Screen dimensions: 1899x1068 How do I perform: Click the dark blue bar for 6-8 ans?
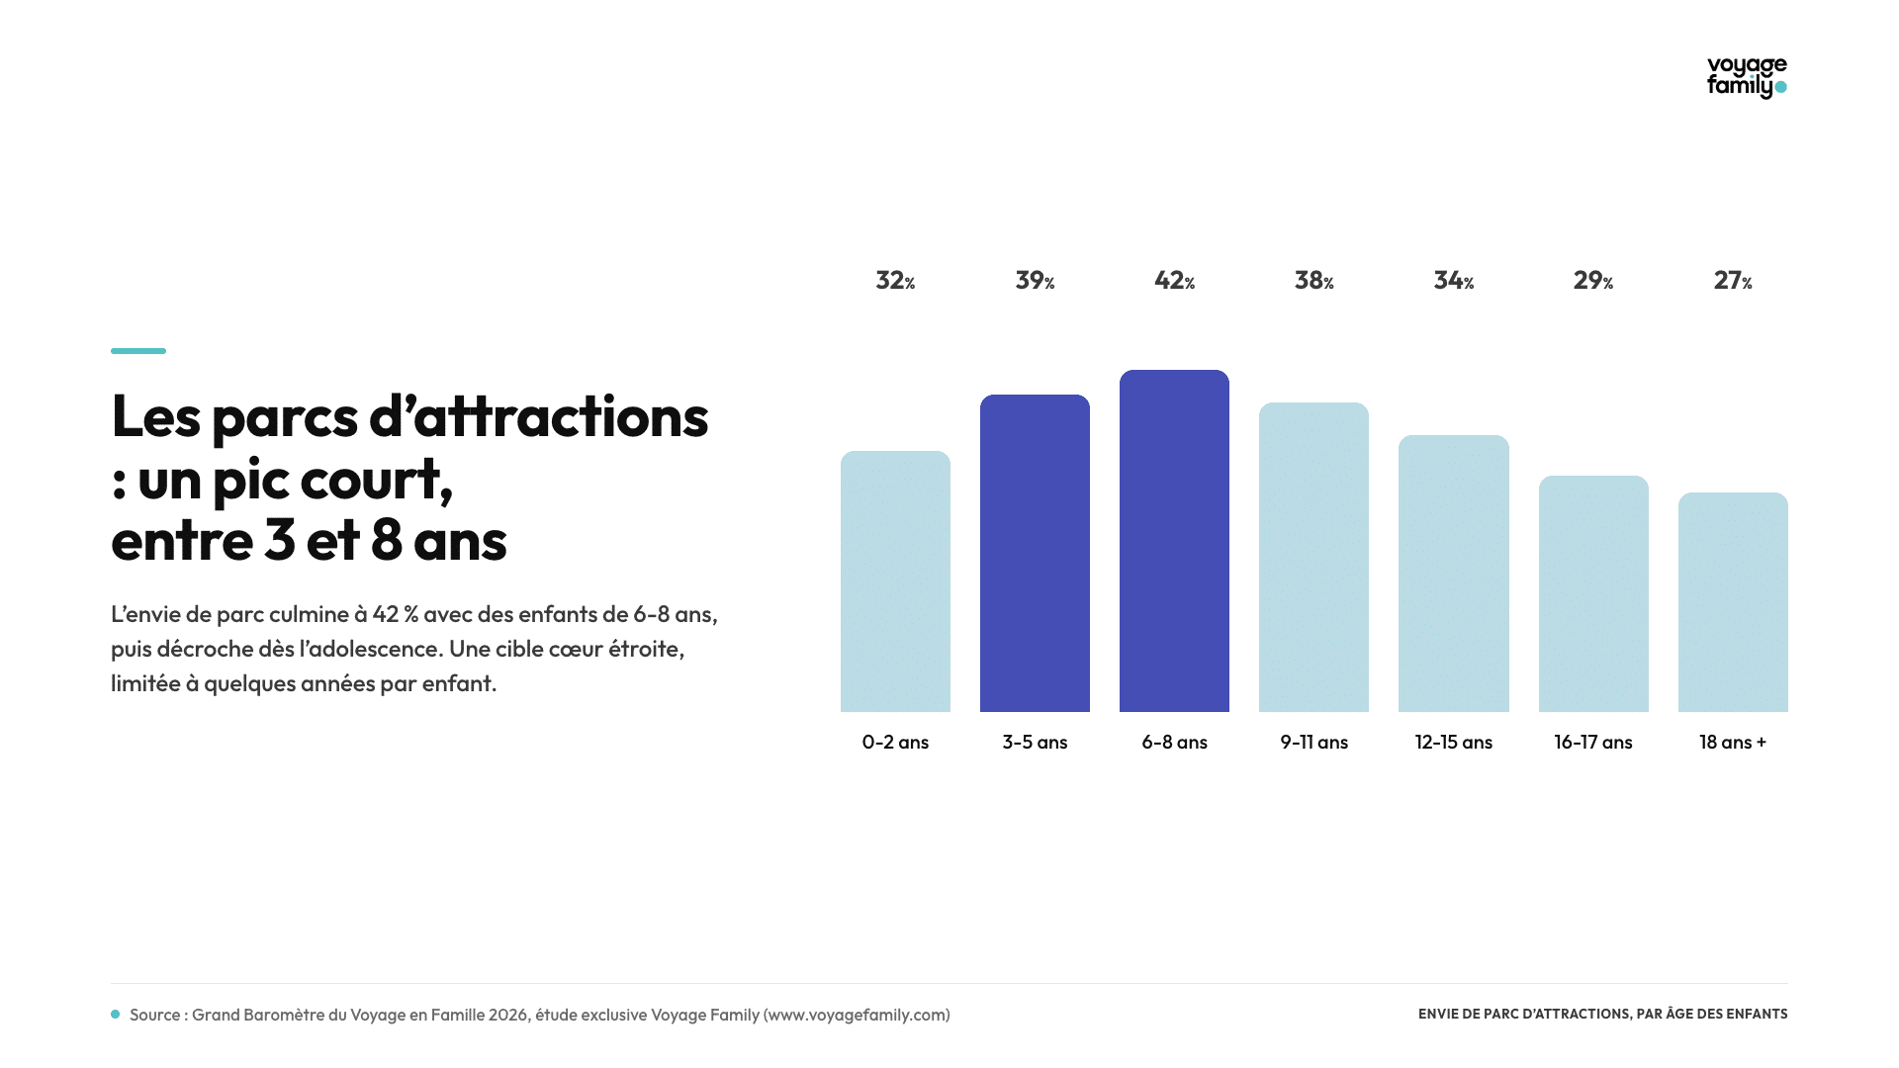[x=1174, y=541]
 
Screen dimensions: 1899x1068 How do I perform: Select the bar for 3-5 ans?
[x=1035, y=553]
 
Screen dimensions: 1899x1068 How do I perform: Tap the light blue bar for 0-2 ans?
[x=895, y=581]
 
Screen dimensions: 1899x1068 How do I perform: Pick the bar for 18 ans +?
[x=1733, y=602]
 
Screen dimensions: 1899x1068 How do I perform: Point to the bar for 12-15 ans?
[x=1454, y=574]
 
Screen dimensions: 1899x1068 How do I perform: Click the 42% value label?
[x=1175, y=281]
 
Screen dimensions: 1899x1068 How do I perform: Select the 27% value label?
[x=1733, y=281]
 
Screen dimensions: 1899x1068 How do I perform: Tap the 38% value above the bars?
[x=1314, y=281]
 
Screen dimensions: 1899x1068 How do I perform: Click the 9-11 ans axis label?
[x=1314, y=742]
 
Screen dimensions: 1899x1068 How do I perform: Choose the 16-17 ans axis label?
[x=1593, y=742]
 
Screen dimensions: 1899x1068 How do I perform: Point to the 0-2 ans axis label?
[x=895, y=742]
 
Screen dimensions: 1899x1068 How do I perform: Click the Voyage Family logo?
[x=1747, y=77]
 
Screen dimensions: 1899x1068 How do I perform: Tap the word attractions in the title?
[x=561, y=416]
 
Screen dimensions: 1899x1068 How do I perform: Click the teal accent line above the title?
[x=138, y=350]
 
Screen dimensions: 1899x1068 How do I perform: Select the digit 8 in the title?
[x=386, y=540]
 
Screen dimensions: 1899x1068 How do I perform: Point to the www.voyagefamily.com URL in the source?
[x=857, y=1015]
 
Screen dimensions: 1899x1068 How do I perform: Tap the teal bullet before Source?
[x=116, y=1015]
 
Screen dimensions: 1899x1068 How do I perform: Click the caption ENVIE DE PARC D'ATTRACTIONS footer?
[x=1603, y=1014]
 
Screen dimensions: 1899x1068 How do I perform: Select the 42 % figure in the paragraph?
[x=396, y=614]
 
